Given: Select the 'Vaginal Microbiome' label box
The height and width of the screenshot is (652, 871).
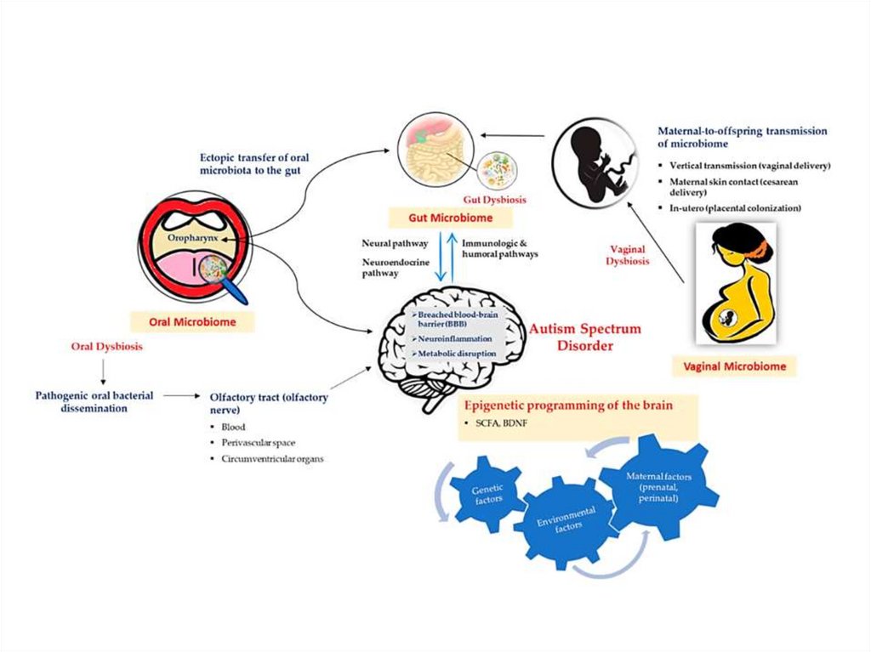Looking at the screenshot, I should [738, 367].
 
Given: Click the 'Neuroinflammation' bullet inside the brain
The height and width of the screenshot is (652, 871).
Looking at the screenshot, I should [453, 338].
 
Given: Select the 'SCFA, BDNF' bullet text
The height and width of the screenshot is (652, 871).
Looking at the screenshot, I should [491, 423].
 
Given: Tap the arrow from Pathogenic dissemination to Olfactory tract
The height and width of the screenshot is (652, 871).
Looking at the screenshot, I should [179, 396].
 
